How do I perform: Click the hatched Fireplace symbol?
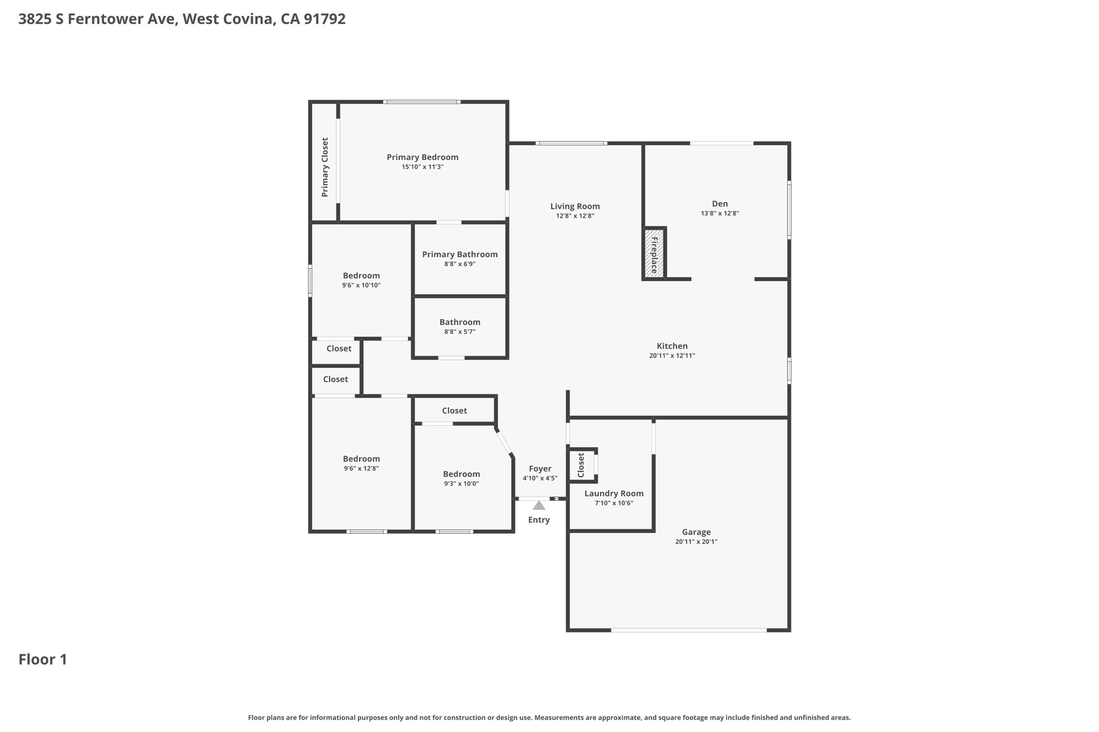(654, 253)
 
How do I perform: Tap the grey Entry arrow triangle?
(539, 506)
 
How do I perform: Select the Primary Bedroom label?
(422, 157)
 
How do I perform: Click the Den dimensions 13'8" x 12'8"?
(720, 213)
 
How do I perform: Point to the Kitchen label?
(672, 346)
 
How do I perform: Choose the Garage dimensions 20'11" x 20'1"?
(696, 542)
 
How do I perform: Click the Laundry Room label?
(614, 493)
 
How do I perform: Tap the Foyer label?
(540, 469)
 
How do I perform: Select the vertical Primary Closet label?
(325, 167)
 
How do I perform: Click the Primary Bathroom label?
(460, 254)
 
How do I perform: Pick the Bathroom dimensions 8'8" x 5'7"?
(460, 332)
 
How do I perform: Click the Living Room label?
(575, 206)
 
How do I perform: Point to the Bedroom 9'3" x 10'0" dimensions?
(461, 484)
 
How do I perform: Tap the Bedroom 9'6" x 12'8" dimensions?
(361, 469)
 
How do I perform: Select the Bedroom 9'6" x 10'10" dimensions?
(361, 285)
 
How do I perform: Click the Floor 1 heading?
(43, 660)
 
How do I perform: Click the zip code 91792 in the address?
(324, 19)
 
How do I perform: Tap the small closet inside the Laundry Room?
(582, 465)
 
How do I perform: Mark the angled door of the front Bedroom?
(504, 442)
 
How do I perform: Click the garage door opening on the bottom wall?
(688, 630)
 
